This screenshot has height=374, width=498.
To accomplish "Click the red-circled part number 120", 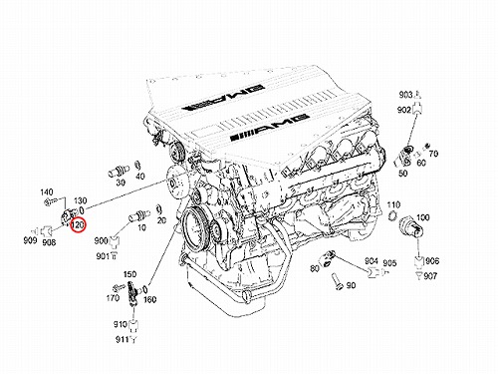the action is click(x=78, y=225).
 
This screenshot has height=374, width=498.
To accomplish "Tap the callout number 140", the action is click(x=47, y=192).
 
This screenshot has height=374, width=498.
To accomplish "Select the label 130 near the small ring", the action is click(x=80, y=200).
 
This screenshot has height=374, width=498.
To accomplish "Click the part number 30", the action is click(x=121, y=183).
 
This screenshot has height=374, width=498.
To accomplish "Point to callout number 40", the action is click(x=140, y=176).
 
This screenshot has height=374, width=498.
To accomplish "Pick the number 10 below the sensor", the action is click(x=141, y=227).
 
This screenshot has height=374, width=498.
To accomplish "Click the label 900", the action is click(x=101, y=240).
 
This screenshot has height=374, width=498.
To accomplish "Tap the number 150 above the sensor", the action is click(x=129, y=274).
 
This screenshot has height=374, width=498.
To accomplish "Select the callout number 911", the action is click(x=122, y=339).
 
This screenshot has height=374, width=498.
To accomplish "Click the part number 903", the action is click(x=405, y=95).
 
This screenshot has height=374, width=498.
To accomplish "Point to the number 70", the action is click(x=433, y=154).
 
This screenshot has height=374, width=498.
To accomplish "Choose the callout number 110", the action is click(x=393, y=204).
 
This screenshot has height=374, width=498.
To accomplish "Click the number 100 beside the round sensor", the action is click(x=423, y=217).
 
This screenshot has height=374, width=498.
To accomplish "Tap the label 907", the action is click(x=430, y=275).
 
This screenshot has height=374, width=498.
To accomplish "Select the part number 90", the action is click(x=351, y=285).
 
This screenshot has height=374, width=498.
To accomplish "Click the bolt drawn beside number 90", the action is click(x=336, y=282).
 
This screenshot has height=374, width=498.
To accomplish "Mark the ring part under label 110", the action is click(x=392, y=216).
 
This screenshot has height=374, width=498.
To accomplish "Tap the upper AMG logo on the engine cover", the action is click(x=223, y=97).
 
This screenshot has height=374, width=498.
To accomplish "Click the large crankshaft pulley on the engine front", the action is click(x=195, y=226).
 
